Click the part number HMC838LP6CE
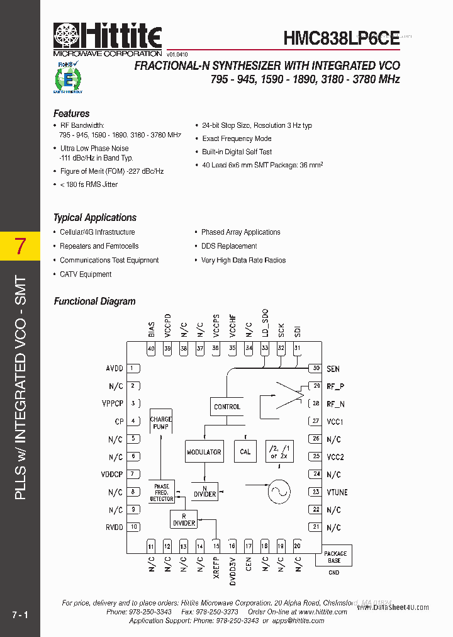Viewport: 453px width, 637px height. (x=341, y=38)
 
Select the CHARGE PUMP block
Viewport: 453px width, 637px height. (x=161, y=423)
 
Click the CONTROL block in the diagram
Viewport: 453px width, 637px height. (x=227, y=407)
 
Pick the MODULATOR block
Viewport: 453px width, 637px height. (x=204, y=451)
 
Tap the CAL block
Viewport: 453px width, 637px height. (x=245, y=451)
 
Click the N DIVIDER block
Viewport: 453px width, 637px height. (x=204, y=491)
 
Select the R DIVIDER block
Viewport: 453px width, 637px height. (x=184, y=519)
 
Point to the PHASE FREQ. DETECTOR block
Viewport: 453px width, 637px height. (x=162, y=492)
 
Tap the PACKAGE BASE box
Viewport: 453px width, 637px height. (x=335, y=557)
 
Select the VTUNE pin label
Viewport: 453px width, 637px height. (x=337, y=492)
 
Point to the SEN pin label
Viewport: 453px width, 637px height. (x=333, y=369)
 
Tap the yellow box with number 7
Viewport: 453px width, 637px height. (x=20, y=247)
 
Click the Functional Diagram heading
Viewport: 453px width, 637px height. (x=94, y=302)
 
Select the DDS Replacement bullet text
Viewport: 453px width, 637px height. (x=229, y=246)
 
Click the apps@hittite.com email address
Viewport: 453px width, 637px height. (x=298, y=621)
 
